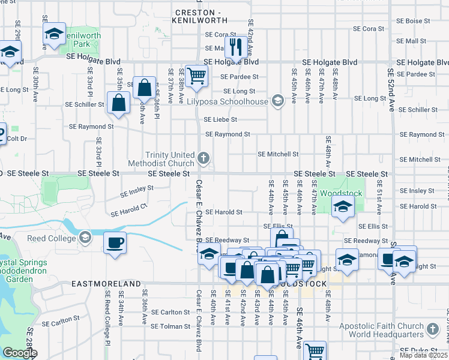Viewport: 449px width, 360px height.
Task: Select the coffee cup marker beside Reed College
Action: click(x=115, y=243)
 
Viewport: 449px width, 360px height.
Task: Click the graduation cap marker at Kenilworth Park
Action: click(x=55, y=34)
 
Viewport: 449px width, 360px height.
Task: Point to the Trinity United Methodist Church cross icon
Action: click(x=203, y=159)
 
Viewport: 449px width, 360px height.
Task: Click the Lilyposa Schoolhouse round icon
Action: click(x=277, y=100)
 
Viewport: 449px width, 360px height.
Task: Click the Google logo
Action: click(x=20, y=352)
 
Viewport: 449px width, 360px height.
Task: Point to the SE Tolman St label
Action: click(x=170, y=326)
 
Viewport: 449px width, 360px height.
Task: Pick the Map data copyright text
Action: click(x=424, y=355)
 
